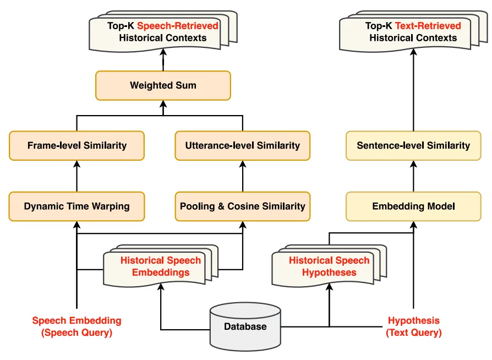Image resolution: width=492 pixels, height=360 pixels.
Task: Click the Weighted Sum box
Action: (163, 85)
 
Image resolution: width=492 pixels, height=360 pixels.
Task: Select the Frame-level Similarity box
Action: (77, 145)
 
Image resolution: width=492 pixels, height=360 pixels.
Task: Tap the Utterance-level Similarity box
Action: (243, 145)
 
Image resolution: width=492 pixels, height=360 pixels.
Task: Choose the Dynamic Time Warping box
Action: (77, 206)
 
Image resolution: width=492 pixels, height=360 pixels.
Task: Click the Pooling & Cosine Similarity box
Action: (243, 206)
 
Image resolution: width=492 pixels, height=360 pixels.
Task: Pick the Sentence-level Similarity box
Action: (413, 145)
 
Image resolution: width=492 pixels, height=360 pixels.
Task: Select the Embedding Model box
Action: (413, 206)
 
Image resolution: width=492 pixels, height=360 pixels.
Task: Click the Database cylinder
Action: (245, 327)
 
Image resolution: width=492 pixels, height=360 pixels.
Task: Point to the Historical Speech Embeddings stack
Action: (161, 266)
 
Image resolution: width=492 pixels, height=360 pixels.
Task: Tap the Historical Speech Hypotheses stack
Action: (329, 266)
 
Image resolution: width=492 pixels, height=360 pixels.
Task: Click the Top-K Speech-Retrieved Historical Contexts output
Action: (163, 32)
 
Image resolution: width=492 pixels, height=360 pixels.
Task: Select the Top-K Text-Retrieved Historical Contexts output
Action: (413, 32)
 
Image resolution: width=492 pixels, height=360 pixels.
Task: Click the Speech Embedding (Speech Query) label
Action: (76, 326)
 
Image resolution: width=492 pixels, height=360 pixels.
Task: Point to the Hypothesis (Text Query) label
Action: (414, 326)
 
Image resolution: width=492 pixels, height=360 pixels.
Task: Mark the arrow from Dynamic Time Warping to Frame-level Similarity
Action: (77, 176)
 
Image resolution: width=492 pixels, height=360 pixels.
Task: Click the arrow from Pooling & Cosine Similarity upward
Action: (243, 176)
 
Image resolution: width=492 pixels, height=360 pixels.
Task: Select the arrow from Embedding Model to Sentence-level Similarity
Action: (413, 176)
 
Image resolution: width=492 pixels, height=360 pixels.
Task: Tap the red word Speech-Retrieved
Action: (178, 25)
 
